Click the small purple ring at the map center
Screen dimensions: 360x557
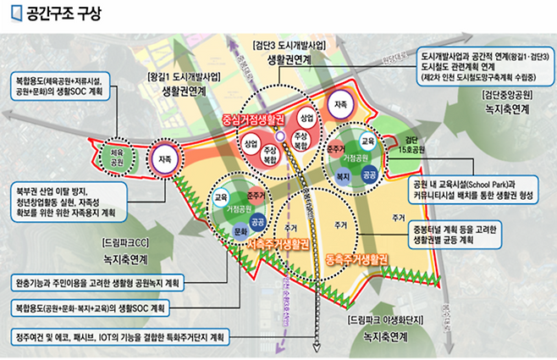[x=280, y=136]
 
